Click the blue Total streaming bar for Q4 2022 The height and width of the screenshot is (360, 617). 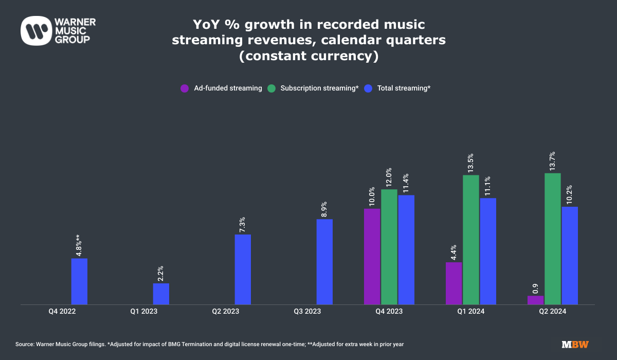point(79,281)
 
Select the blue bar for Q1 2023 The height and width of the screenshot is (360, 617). point(161,294)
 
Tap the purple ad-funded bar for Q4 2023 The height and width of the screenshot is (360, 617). point(372,256)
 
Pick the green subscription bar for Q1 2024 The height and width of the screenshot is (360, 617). point(471,240)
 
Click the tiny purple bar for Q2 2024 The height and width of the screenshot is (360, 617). point(535,300)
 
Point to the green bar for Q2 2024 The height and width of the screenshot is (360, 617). point(553,239)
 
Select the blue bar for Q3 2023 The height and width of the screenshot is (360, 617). point(324,262)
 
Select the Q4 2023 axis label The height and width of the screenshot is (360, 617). point(389,311)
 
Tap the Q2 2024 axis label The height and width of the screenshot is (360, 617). point(552,311)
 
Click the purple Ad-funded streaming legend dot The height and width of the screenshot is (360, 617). point(185,88)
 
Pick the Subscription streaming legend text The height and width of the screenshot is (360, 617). point(319,88)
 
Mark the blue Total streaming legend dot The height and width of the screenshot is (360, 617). point(368,88)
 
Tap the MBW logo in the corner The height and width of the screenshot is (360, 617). point(575,344)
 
